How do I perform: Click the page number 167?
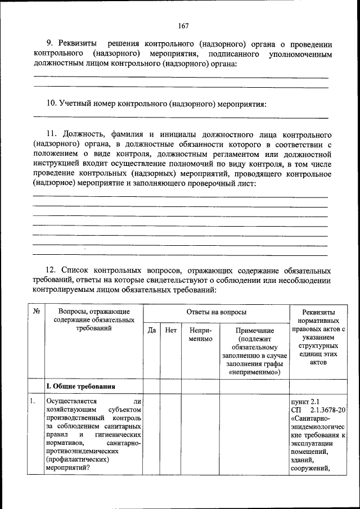(x=182, y=25)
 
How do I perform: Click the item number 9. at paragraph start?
(x=49, y=44)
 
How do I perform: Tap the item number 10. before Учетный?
(x=51, y=103)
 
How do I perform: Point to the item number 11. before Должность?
(x=51, y=136)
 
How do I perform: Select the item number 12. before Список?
(x=51, y=271)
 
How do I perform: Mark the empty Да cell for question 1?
(x=151, y=436)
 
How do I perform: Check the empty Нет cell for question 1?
(x=170, y=436)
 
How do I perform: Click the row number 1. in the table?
(x=33, y=402)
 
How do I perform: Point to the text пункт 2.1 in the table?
(x=304, y=402)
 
